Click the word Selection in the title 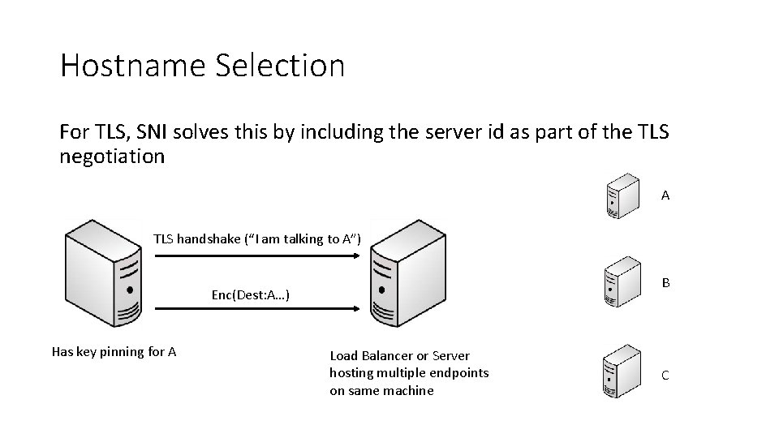tap(280, 66)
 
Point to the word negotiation tap(112, 156)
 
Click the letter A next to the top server tap(665, 195)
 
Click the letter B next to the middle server tap(665, 283)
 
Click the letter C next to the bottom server tap(665, 375)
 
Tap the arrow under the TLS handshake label tap(256, 255)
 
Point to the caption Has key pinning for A tap(114, 351)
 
